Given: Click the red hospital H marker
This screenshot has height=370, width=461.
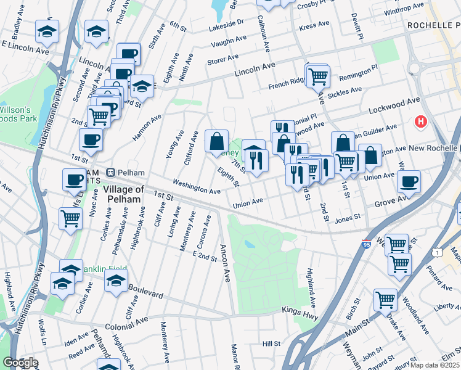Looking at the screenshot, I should tap(422, 122).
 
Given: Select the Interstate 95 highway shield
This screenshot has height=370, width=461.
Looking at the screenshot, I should tap(367, 245).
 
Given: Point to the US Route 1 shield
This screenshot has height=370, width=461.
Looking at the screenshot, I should tap(437, 252).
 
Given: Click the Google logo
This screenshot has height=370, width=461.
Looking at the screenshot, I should tap(20, 363).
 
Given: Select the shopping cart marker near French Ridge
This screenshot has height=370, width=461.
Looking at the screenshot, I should tap(318, 76).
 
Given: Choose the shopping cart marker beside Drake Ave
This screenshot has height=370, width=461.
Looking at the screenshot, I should tap(386, 300).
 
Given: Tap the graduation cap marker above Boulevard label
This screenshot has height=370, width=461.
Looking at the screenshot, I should tap(116, 279).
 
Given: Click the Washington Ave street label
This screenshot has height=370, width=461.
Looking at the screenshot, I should tap(196, 187).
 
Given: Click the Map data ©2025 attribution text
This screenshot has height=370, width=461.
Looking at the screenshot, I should tap(434, 365).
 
